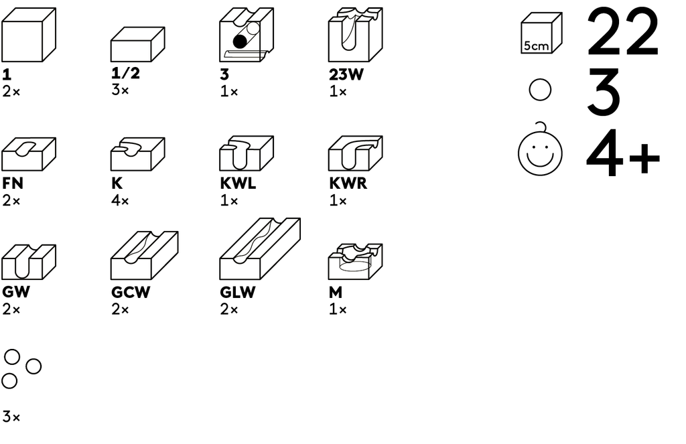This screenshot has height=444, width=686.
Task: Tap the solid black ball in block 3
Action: coord(240,42)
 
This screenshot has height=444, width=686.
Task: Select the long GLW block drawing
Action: coord(259,249)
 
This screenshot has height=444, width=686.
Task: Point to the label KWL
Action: coord(238,183)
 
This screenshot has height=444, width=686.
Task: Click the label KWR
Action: coord(348,183)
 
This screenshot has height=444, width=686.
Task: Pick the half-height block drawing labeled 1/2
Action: coord(137,45)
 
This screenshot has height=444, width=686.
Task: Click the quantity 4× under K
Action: coord(120,201)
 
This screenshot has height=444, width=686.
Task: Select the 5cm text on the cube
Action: coord(536,46)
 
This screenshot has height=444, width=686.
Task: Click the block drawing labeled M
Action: coord(355,262)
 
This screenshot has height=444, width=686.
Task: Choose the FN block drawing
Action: coord(28,154)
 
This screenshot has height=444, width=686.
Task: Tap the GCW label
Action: coord(131,293)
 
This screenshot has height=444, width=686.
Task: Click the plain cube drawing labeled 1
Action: coord(28,35)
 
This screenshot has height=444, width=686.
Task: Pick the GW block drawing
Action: coord(28,262)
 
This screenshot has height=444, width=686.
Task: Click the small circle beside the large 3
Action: coord(540,90)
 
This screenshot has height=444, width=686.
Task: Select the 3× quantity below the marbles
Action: coord(11,418)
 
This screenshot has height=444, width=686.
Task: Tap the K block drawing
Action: coord(137,154)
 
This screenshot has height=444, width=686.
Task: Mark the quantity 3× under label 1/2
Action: coord(120,90)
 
